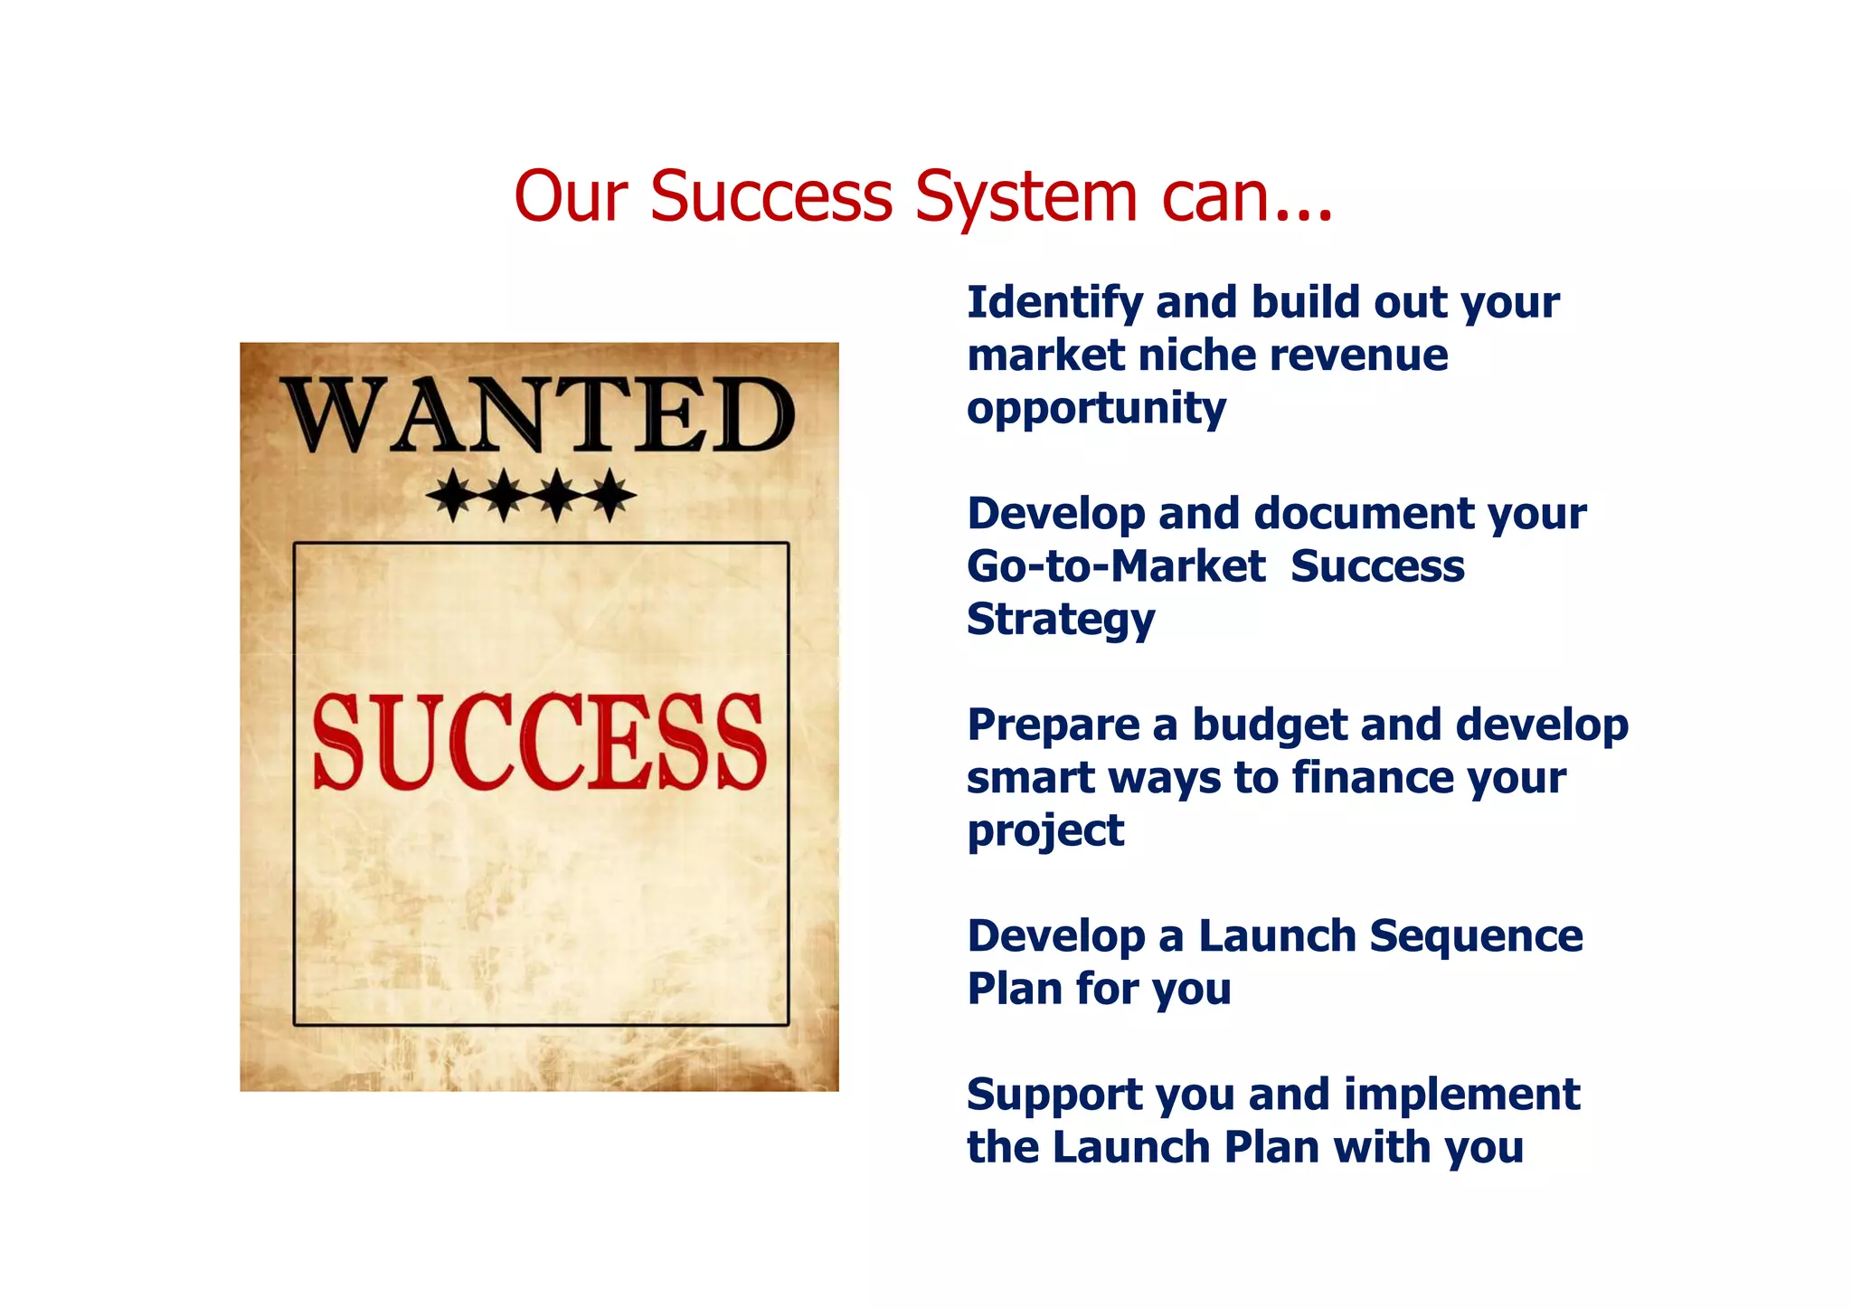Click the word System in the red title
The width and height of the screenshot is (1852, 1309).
point(1025,197)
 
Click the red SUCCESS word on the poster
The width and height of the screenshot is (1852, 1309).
point(539,742)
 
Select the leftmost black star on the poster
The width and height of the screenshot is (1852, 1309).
point(451,495)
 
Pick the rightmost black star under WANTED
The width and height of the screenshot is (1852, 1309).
point(613,495)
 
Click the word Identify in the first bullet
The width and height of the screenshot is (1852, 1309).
point(1054,303)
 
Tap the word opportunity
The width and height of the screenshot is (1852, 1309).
point(1096,409)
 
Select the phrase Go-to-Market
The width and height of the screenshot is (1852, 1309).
point(1116,566)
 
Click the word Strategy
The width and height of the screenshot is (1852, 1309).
point(1061,621)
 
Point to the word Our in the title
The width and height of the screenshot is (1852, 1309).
point(571,197)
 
